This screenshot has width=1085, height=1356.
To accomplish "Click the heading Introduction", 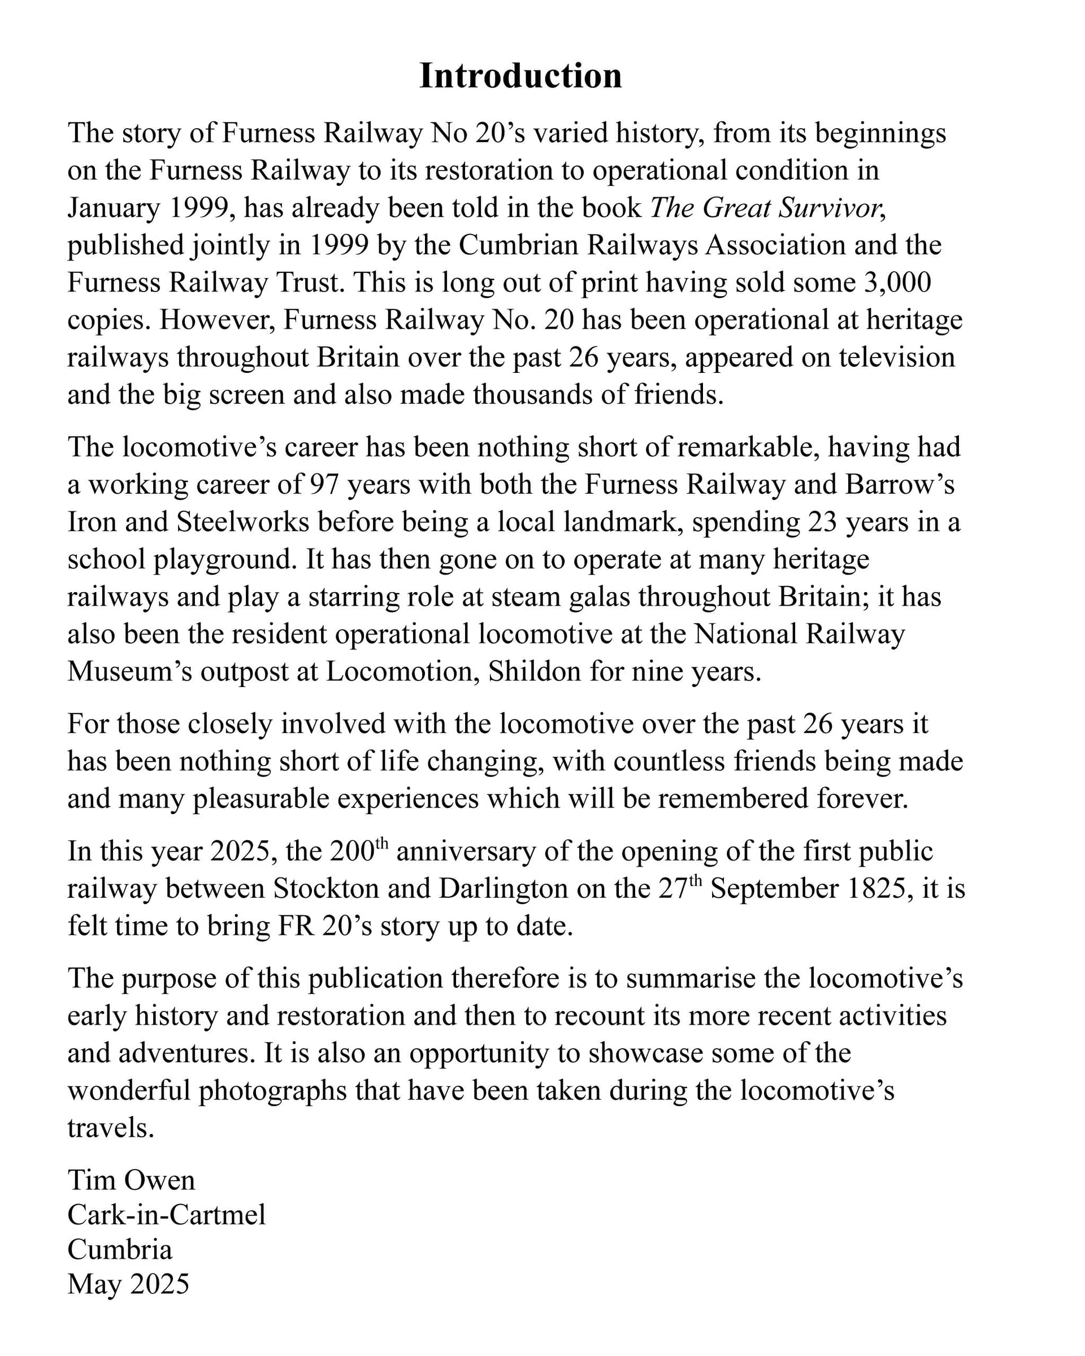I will (520, 76).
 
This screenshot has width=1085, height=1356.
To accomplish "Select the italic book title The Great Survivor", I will (764, 208).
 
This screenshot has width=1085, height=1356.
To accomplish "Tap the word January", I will (114, 208).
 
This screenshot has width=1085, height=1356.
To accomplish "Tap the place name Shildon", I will (535, 671).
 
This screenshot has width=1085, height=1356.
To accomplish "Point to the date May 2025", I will (128, 1284).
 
